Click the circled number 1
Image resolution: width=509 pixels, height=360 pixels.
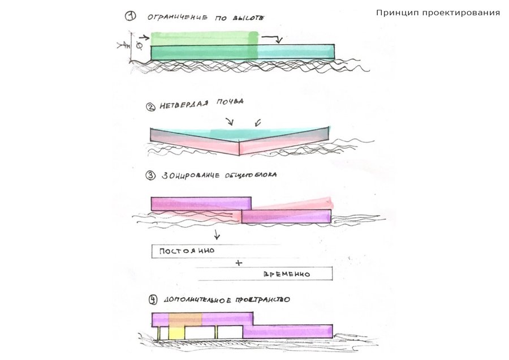(131, 17)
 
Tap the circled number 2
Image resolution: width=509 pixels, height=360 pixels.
(150, 105)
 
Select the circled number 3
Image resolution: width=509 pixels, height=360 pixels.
(150, 175)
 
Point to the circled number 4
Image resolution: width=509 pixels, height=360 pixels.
(151, 298)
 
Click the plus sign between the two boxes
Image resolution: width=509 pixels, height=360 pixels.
(238, 263)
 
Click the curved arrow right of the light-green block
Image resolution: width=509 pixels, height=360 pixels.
(273, 38)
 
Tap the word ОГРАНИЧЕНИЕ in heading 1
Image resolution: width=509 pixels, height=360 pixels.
(176, 18)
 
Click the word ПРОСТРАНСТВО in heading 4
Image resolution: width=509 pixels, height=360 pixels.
(264, 299)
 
